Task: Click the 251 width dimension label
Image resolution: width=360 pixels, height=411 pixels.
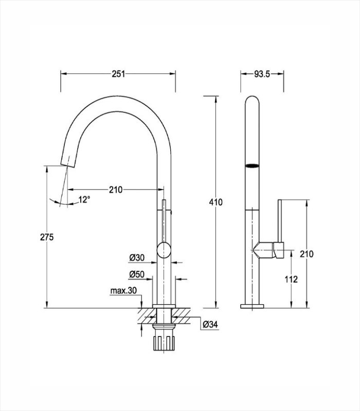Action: [118, 74]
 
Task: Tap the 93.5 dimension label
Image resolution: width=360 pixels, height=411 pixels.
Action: [262, 74]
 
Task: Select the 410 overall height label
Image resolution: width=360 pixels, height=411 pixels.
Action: [215, 202]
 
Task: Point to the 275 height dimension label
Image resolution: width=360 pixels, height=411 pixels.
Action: [47, 237]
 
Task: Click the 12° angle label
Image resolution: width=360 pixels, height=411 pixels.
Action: [84, 200]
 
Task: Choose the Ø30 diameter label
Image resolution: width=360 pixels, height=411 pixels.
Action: [137, 258]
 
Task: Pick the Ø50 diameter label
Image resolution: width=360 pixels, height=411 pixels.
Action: [137, 274]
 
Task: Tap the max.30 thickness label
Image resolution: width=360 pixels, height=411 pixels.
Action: [123, 290]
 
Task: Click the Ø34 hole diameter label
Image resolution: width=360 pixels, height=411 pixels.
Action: [210, 325]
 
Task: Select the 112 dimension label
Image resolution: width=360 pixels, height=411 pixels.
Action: [291, 279]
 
